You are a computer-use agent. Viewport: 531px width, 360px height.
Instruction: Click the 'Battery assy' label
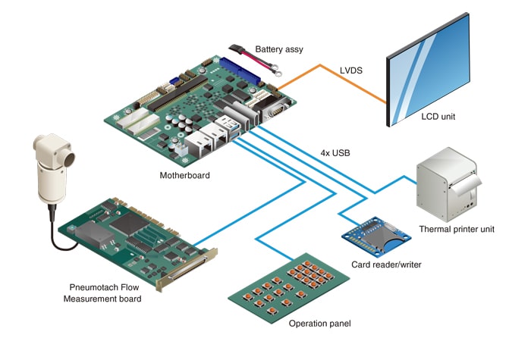[x=278, y=49]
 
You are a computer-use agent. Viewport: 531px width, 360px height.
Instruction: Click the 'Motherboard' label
[x=185, y=176]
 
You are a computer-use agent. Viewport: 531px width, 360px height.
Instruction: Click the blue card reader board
[x=372, y=236]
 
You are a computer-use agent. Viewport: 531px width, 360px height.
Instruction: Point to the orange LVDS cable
[x=334, y=80]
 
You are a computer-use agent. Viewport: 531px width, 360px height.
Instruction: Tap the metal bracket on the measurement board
[x=187, y=269]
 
